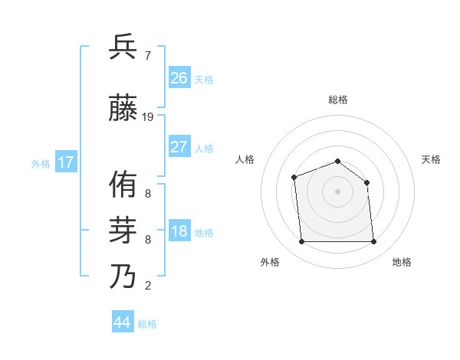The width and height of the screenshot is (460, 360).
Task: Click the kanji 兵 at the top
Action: tap(123, 47)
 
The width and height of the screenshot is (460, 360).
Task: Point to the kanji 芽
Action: tap(123, 230)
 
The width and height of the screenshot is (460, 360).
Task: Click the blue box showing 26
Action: tap(179, 77)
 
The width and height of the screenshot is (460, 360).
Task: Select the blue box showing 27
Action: tap(179, 146)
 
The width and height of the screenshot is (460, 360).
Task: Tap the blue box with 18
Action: tap(179, 231)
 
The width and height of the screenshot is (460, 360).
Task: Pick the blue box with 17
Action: tap(65, 162)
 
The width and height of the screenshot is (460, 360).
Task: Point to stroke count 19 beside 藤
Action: tap(148, 117)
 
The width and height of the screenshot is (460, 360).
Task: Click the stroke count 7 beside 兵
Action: tap(148, 55)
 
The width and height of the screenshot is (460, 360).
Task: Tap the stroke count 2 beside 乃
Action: tap(148, 286)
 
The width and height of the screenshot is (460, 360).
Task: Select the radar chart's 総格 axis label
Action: tap(337, 100)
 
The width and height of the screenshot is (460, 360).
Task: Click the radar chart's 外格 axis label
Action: tap(270, 262)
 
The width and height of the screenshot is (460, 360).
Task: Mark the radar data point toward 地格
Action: tap(373, 242)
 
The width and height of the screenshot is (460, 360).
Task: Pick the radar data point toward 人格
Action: tap(294, 178)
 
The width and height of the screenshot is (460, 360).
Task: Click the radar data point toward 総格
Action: tap(337, 162)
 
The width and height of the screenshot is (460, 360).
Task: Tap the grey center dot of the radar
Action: tap(337, 191)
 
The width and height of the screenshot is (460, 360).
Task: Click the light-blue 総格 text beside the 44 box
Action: tap(147, 324)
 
